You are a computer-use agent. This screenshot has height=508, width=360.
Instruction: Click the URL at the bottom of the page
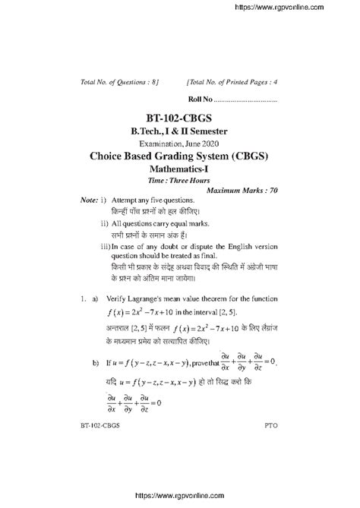pos(179,500)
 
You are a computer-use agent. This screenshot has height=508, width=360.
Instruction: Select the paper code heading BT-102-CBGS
pos(179,119)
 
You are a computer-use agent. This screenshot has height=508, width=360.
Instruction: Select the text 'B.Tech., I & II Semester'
pos(179,132)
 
